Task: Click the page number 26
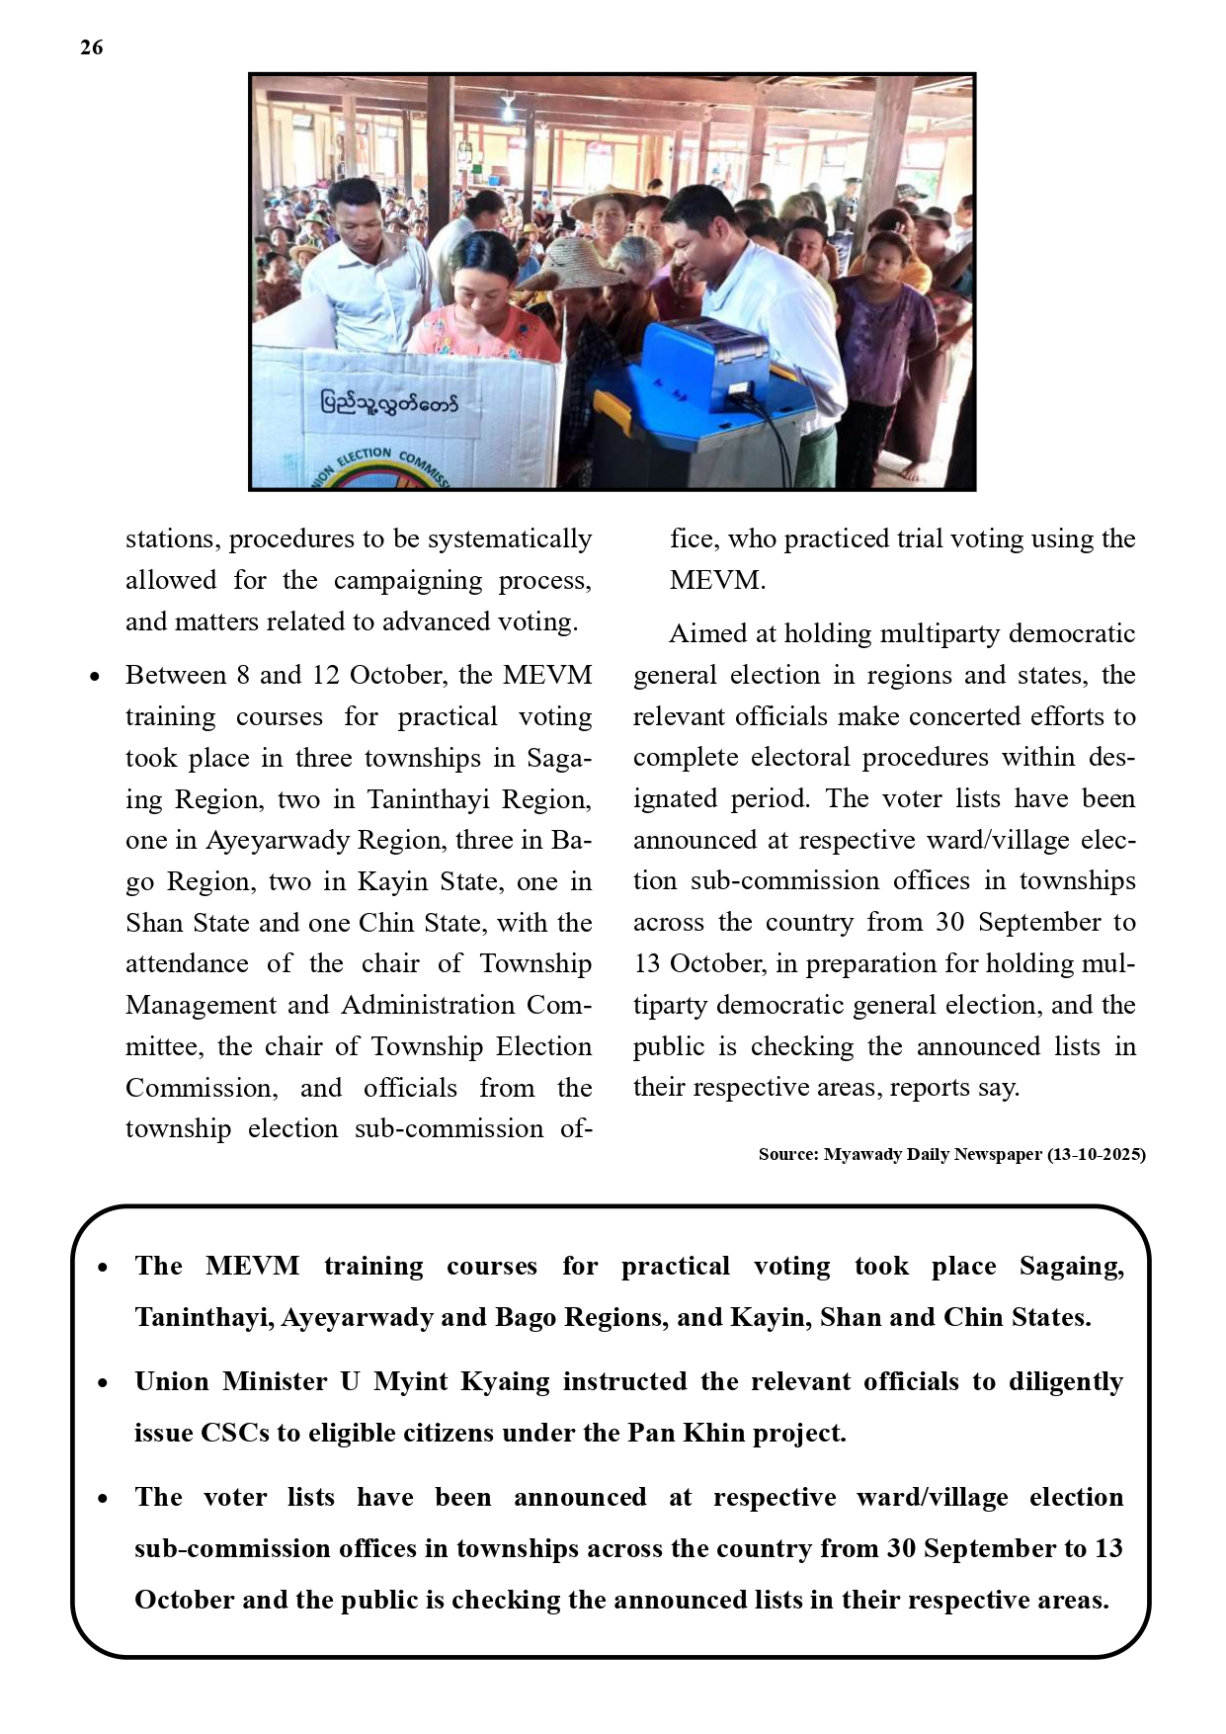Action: (x=91, y=47)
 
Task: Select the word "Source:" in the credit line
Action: (x=787, y=1154)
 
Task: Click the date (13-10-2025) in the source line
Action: (x=1096, y=1154)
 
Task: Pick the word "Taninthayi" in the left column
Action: (x=429, y=798)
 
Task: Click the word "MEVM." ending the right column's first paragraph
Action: (x=717, y=580)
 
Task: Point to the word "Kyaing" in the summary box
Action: (x=505, y=1381)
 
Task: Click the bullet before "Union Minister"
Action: (x=103, y=1383)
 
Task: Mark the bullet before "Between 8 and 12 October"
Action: (x=95, y=677)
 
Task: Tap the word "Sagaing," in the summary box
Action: (x=1071, y=1266)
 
